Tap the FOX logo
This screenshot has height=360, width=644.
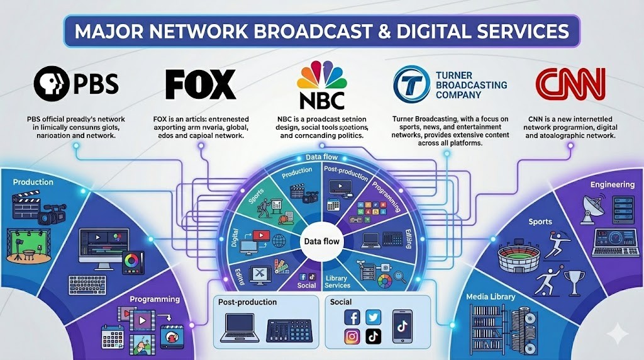click(x=200, y=85)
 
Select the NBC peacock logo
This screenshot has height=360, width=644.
click(x=322, y=76)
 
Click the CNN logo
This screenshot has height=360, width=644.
click(x=570, y=85)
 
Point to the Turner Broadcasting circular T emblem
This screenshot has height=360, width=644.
click(x=411, y=84)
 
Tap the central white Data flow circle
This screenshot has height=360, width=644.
click(x=321, y=241)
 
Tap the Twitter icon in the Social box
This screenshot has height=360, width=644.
click(x=374, y=318)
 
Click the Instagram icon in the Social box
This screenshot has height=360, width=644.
click(x=352, y=337)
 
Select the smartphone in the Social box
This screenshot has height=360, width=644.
click(x=402, y=326)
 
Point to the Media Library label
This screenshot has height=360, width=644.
click(x=491, y=296)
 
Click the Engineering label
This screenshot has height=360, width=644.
click(x=612, y=184)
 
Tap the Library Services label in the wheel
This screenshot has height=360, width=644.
click(x=337, y=281)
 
